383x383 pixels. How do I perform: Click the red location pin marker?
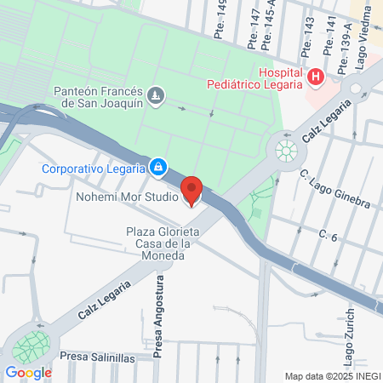192,190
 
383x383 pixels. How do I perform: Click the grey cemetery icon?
156,95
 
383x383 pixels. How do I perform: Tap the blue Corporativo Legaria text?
94,167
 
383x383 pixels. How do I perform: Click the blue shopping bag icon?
157,167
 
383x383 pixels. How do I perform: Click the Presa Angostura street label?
158,307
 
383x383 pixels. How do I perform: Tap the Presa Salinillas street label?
99,358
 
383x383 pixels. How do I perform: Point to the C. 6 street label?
329,234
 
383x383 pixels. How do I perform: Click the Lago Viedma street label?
364,26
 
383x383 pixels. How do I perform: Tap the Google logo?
28,372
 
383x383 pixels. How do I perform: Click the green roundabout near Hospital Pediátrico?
286,151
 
